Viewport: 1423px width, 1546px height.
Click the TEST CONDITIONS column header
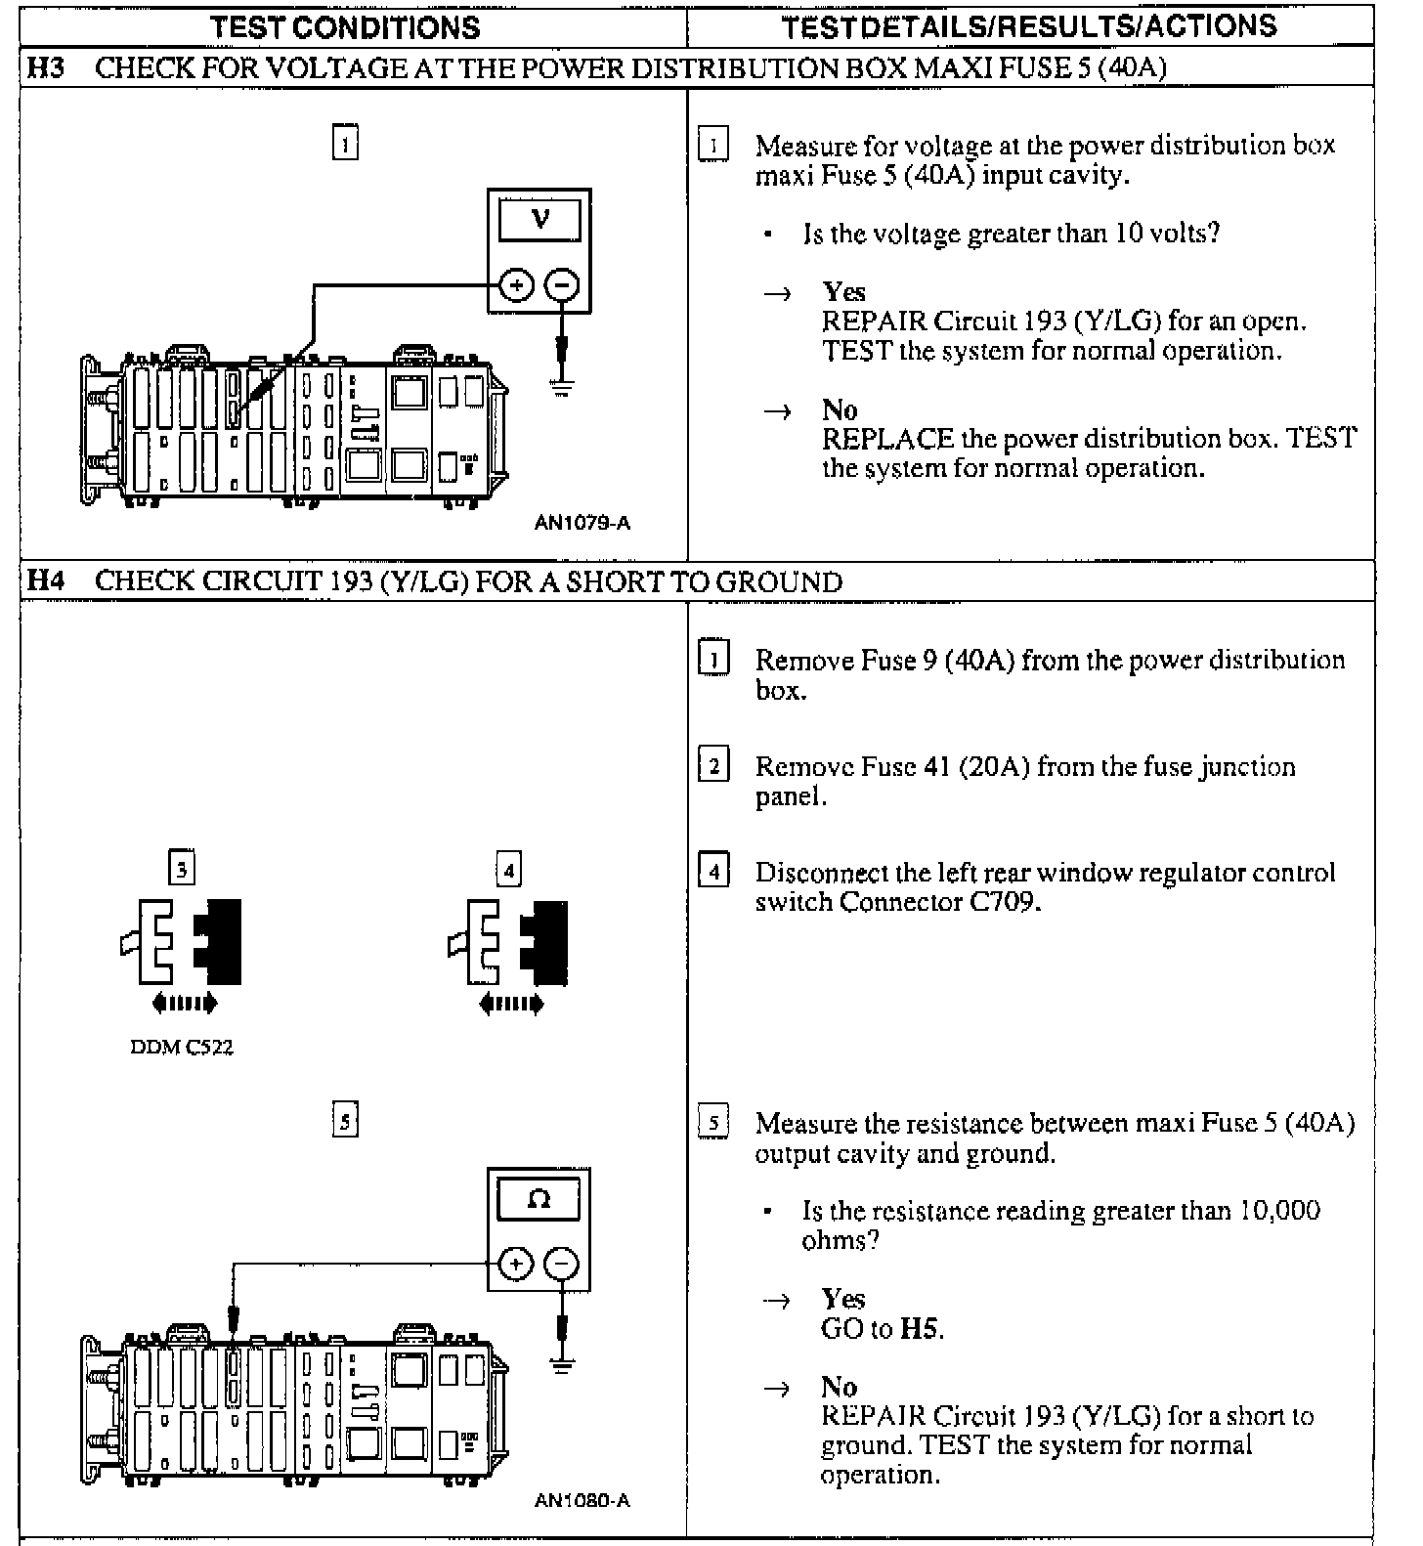(x=345, y=26)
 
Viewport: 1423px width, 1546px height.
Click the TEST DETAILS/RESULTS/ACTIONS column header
(x=1028, y=26)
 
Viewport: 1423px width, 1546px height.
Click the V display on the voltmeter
(x=539, y=220)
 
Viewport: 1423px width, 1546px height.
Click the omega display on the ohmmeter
(x=539, y=1199)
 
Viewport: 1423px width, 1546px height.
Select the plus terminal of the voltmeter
(x=516, y=286)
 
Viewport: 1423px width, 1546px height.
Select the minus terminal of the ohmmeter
(x=561, y=1265)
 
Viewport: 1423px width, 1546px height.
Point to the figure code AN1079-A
(x=582, y=523)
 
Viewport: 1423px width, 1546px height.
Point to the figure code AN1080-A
(x=582, y=1500)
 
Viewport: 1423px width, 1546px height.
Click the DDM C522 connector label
(x=182, y=1048)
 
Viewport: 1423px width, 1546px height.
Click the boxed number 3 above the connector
(x=182, y=868)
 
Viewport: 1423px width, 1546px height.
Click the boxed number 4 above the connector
(x=508, y=869)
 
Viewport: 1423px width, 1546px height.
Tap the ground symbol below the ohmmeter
(x=561, y=1364)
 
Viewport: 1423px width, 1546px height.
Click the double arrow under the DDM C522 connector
(x=185, y=1003)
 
